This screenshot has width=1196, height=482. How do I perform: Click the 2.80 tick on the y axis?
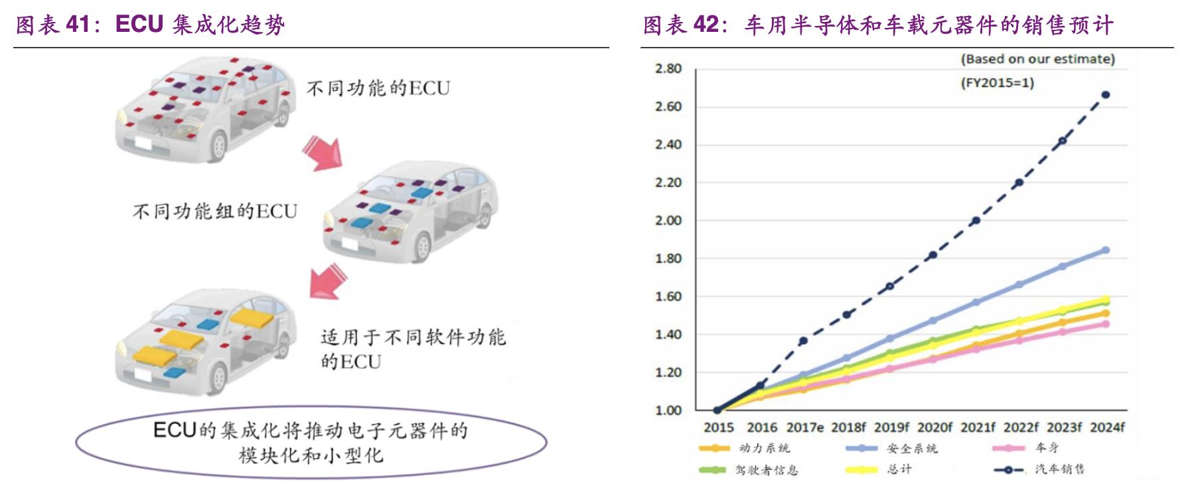668,68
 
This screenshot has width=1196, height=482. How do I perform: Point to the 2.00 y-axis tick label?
668,220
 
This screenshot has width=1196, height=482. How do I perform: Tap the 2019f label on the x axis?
891,428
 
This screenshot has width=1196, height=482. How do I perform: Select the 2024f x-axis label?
1107,428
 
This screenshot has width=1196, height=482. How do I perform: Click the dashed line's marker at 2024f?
1106,95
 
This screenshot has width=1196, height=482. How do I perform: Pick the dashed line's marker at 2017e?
803,341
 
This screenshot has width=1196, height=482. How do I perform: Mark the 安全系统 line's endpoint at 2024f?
1106,250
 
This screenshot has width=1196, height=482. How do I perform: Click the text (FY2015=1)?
997,83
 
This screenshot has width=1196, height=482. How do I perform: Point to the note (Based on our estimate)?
1037,59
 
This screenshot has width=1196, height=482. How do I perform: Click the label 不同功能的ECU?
378,88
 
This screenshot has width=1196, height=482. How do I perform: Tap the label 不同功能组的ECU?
215,211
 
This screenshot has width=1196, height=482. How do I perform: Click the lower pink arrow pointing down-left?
328,281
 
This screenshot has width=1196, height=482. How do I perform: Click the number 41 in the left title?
78,25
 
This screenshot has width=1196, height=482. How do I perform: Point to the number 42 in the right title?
706,25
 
